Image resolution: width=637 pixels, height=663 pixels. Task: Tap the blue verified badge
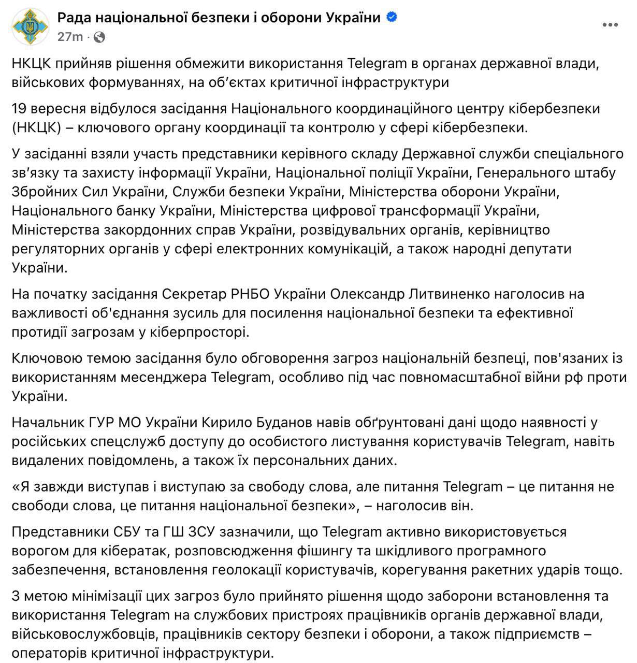pyautogui.click(x=393, y=17)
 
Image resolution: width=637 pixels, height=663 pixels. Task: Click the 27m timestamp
pyautogui.click(x=70, y=37)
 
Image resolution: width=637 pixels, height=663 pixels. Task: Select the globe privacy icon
pyautogui.click(x=100, y=37)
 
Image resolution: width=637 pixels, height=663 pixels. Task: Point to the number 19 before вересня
pyautogui.click(x=20, y=109)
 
